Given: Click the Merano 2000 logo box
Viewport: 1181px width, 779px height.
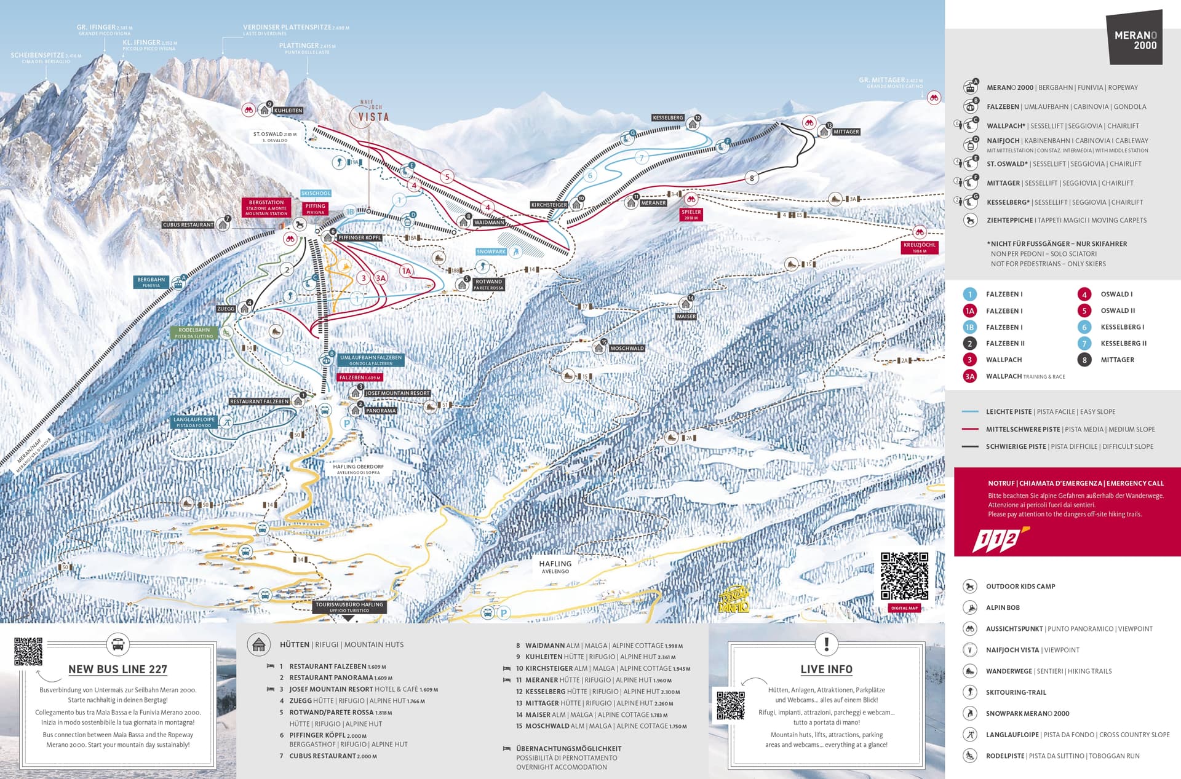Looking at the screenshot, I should click(x=1135, y=39).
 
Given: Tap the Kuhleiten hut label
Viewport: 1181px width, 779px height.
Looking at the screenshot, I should click(x=288, y=111).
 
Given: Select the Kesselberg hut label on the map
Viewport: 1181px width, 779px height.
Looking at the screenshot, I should click(x=668, y=117).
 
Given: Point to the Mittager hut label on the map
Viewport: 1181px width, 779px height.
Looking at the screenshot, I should click(x=846, y=132).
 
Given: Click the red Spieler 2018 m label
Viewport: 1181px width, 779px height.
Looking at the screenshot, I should click(x=691, y=215).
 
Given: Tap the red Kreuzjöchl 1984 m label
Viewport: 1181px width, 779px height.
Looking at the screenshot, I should click(x=920, y=247).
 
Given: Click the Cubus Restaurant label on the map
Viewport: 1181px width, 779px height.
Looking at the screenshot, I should click(x=188, y=225).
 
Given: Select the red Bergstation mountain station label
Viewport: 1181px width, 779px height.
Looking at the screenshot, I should click(x=266, y=207).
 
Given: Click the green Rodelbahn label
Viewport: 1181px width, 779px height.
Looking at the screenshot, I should click(x=194, y=333).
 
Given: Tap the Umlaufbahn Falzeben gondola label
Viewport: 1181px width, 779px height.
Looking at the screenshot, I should click(x=371, y=360).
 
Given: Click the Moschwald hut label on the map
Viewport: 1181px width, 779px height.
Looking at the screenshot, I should click(x=627, y=349).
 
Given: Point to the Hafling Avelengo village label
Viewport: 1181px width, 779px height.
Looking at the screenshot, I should click(x=555, y=566).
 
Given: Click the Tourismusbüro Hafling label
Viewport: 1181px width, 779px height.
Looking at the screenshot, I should click(x=349, y=607).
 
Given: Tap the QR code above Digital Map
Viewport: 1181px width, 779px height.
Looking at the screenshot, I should click(x=904, y=576).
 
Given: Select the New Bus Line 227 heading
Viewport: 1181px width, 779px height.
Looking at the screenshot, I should click(x=117, y=669).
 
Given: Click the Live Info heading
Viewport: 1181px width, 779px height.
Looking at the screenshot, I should click(x=826, y=669).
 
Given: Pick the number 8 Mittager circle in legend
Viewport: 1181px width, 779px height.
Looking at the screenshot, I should click(x=1084, y=360).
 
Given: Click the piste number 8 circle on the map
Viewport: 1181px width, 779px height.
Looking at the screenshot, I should click(x=752, y=178).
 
